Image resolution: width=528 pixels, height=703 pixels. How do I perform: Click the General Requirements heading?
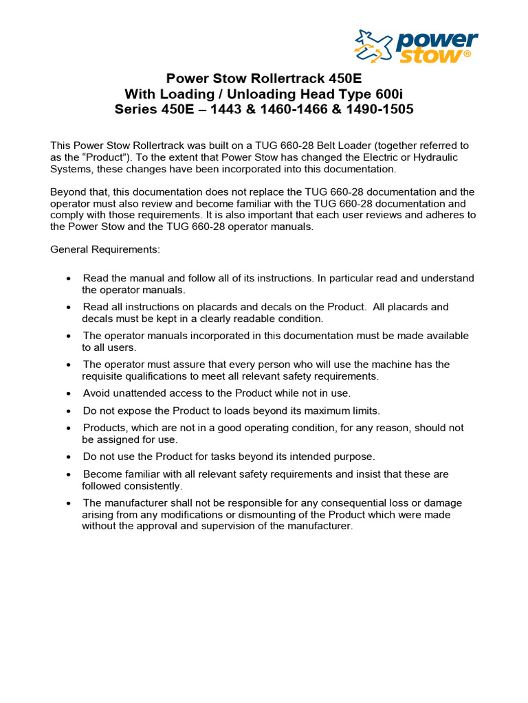105,249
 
